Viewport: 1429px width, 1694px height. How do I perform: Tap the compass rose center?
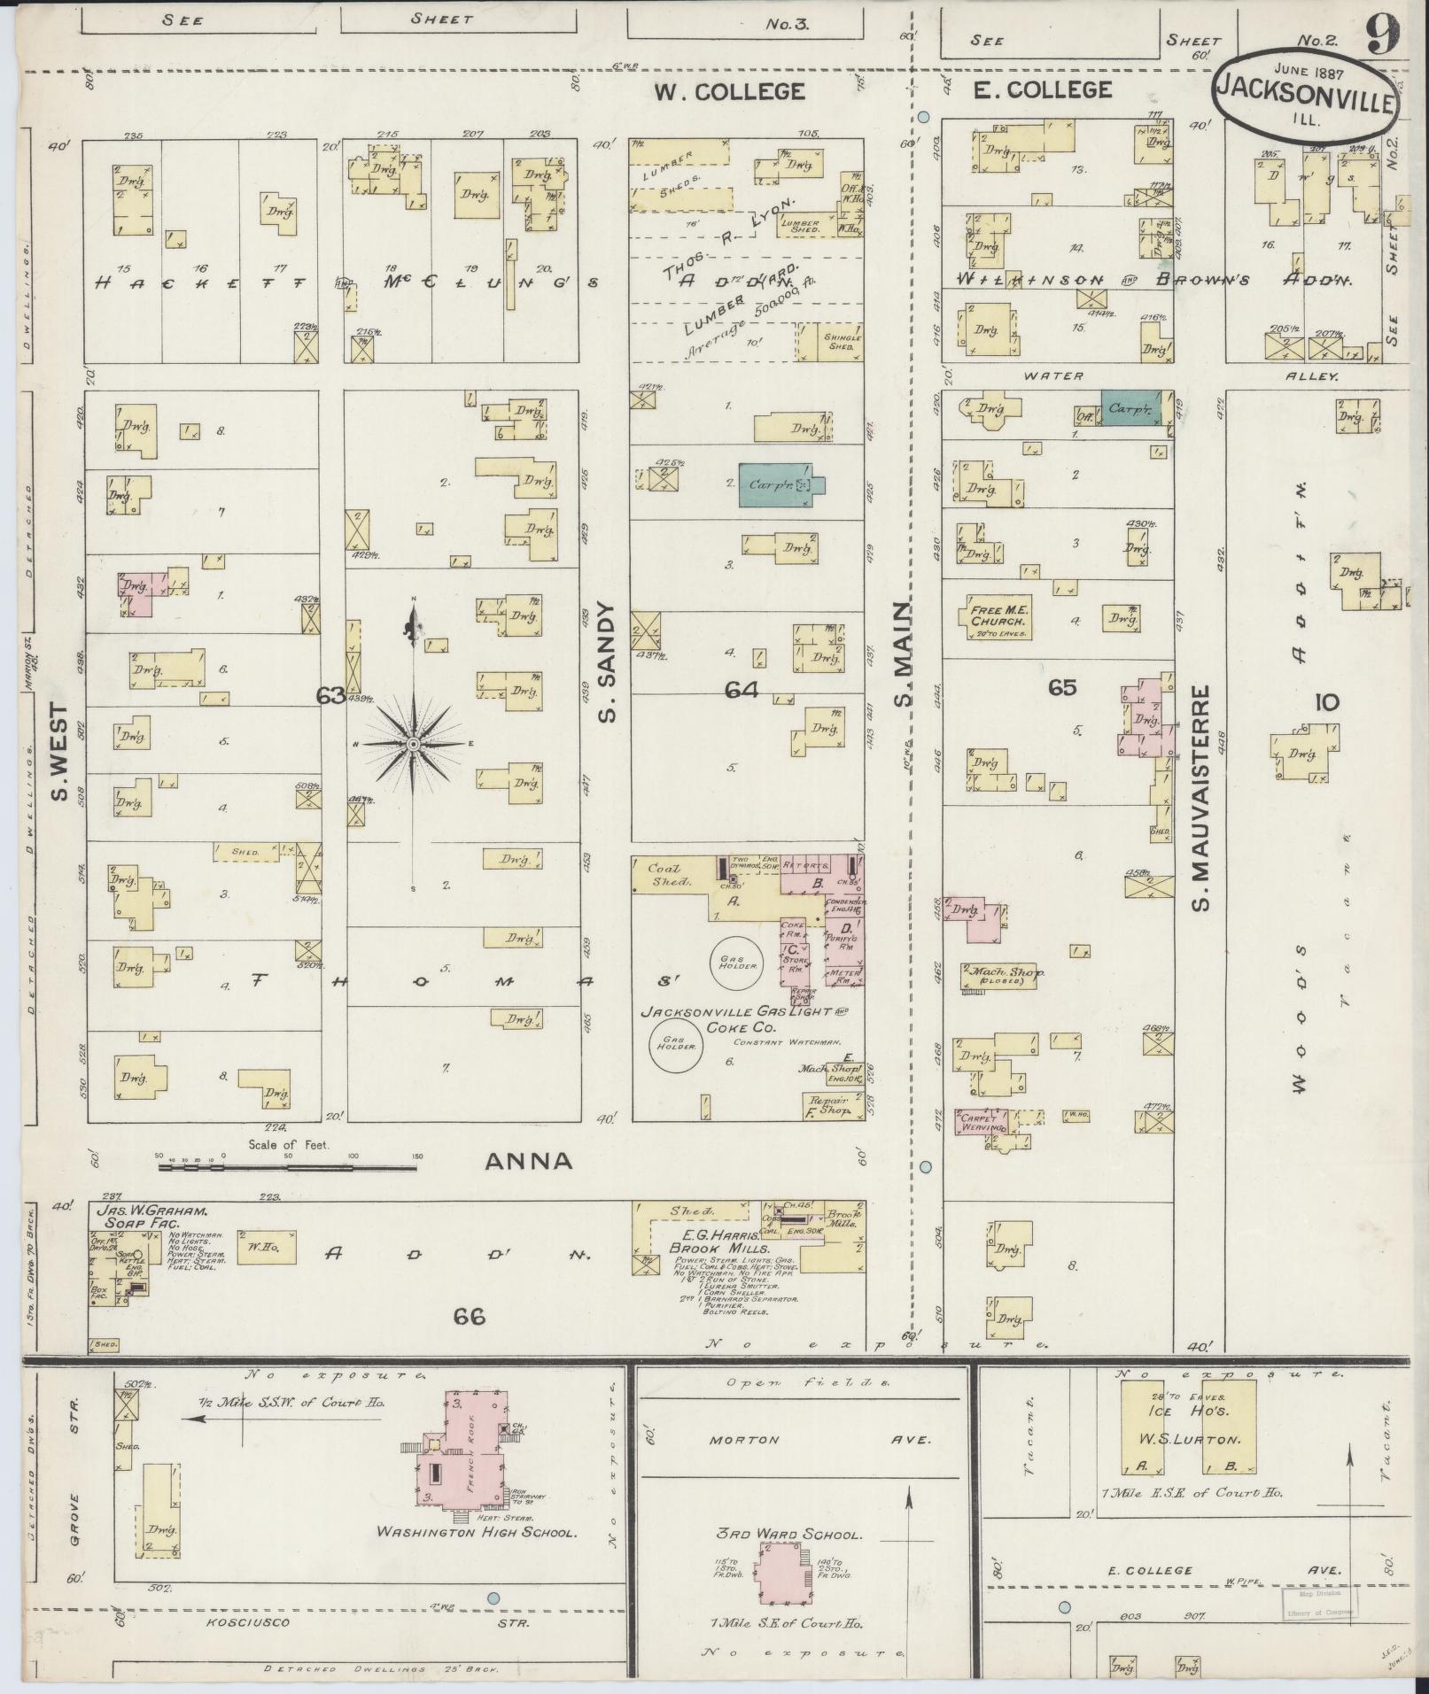click(x=413, y=744)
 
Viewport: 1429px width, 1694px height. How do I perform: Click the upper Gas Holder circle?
click(x=734, y=963)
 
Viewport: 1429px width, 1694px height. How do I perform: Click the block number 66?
click(x=469, y=1317)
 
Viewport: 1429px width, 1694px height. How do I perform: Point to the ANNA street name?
click(x=528, y=1162)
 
